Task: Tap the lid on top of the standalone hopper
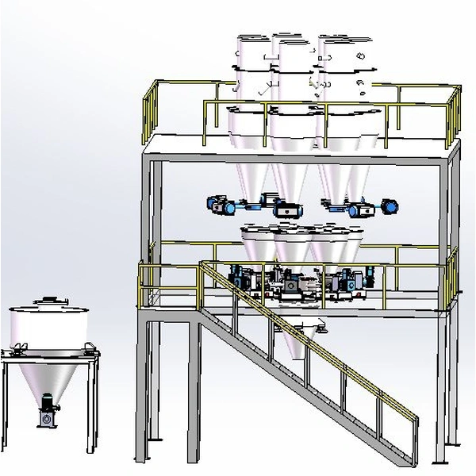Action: click(x=49, y=301)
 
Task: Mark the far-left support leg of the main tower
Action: click(x=142, y=389)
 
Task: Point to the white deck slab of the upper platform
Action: click(x=301, y=146)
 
